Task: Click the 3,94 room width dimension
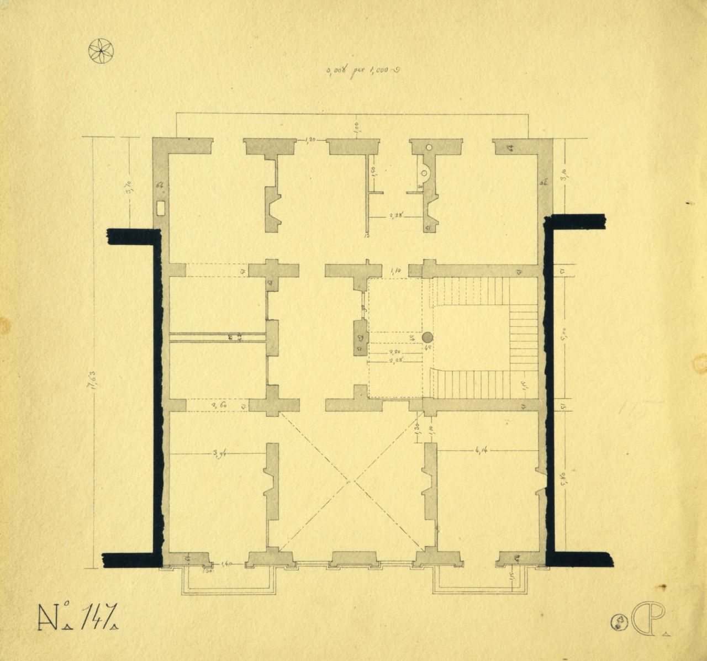(220, 453)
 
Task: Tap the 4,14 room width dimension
(479, 452)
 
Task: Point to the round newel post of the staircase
(428, 337)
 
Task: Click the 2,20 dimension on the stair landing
(394, 351)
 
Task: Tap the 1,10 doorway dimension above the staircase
(394, 271)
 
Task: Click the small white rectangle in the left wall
(161, 208)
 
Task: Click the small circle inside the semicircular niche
(425, 172)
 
